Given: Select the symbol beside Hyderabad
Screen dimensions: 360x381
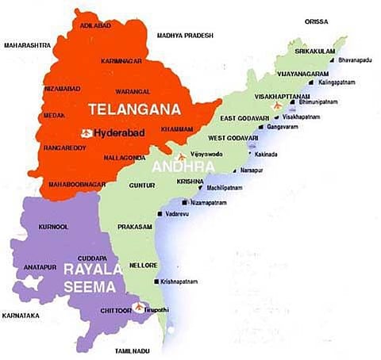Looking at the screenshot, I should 85,132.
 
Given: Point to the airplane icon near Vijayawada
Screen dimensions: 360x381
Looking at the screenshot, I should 183,155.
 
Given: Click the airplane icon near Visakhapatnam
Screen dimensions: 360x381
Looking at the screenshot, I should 276,105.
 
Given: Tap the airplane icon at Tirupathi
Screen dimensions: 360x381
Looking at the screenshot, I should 141,306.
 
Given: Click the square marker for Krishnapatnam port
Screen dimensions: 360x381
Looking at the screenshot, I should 154,281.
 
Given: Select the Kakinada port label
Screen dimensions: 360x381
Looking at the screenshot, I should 267,155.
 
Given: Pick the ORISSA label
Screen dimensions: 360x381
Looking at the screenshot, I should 321,21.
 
